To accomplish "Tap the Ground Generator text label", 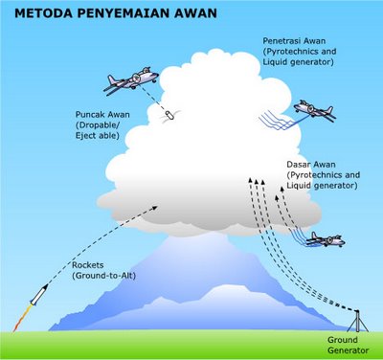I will (x=348, y=346).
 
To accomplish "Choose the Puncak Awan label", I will (x=102, y=126).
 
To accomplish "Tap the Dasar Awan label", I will (x=321, y=171).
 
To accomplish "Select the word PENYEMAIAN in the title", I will (x=117, y=14).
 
